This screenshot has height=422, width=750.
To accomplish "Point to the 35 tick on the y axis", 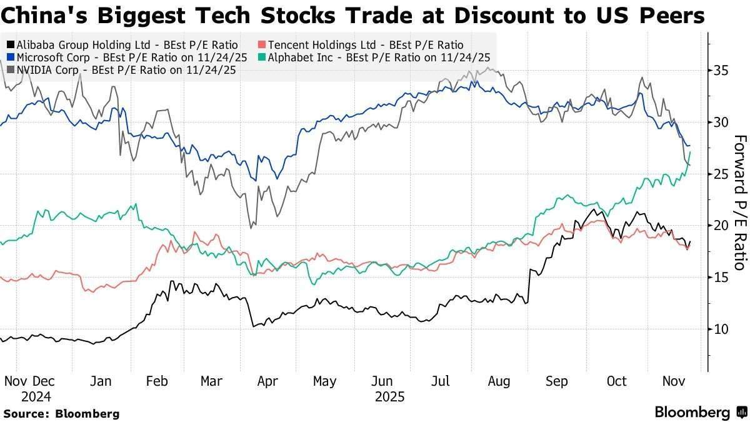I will pyautogui.click(x=721, y=71).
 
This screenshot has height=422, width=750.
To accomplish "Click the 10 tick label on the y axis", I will pyautogui.click(x=721, y=329).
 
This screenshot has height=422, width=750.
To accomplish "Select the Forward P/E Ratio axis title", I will pyautogui.click(x=739, y=203).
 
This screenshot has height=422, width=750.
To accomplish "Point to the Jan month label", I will pyautogui.click(x=100, y=381).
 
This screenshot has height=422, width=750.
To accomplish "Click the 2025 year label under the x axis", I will pyautogui.click(x=389, y=396).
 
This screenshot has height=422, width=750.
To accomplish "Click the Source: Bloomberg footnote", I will pyautogui.click(x=61, y=413).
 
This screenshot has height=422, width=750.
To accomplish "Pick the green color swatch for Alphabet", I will pyautogui.click(x=264, y=58).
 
